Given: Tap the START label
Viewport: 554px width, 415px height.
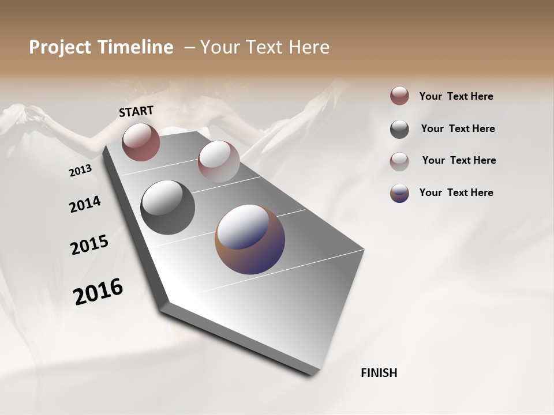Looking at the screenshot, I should point(136,111).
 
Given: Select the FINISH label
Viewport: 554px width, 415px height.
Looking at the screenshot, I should point(379,373).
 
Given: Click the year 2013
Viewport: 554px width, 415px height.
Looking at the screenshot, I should point(81,171).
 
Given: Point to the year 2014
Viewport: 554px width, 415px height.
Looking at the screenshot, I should point(85,204).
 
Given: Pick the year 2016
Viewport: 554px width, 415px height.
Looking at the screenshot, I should point(98,292).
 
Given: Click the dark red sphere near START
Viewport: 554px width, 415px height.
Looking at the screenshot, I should point(141,142).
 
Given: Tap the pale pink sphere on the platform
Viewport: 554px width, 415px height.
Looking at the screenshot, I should point(219,161).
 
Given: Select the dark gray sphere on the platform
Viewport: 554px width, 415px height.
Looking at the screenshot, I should point(167,207).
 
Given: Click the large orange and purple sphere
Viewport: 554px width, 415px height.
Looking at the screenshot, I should point(250,239).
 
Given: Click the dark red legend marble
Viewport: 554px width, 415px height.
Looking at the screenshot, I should point(399,96).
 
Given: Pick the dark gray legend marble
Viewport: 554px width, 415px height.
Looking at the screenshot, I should point(399,129).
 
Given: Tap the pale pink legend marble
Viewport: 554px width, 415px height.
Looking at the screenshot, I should point(399,161).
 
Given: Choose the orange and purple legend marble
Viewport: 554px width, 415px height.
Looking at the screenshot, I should point(399,193).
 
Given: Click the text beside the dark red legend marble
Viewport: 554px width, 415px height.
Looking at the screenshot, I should point(456,96).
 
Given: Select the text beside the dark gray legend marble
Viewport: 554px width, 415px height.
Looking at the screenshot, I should point(458,129).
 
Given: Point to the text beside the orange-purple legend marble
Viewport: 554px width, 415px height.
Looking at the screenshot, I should point(456,193).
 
